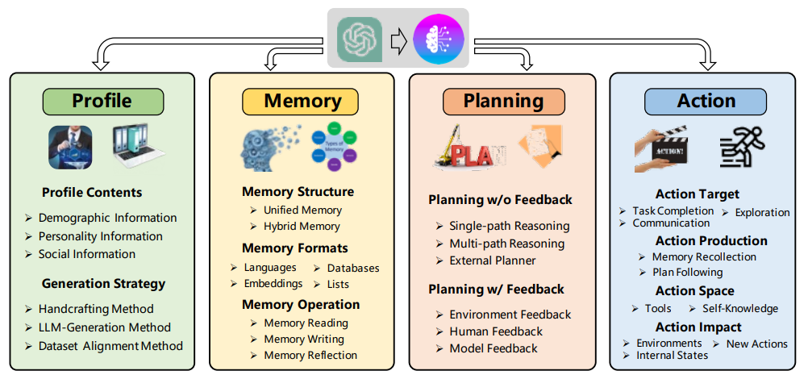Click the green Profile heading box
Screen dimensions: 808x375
[x=102, y=101]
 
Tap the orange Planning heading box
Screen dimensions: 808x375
[x=504, y=101]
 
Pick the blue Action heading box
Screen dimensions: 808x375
[x=706, y=101]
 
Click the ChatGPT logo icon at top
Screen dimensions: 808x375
[x=357, y=38]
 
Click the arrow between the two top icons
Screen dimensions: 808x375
[x=398, y=39]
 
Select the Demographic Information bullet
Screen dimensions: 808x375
[x=107, y=218]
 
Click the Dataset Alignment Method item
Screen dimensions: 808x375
[x=110, y=346]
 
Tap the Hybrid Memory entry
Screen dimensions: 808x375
[x=302, y=227]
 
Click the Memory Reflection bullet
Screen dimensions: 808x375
[x=310, y=355]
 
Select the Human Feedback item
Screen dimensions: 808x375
[x=495, y=331]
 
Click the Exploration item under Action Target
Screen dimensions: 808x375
[x=761, y=212]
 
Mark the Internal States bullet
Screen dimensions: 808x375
[x=672, y=355]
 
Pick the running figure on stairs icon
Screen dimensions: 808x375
[x=741, y=148]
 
